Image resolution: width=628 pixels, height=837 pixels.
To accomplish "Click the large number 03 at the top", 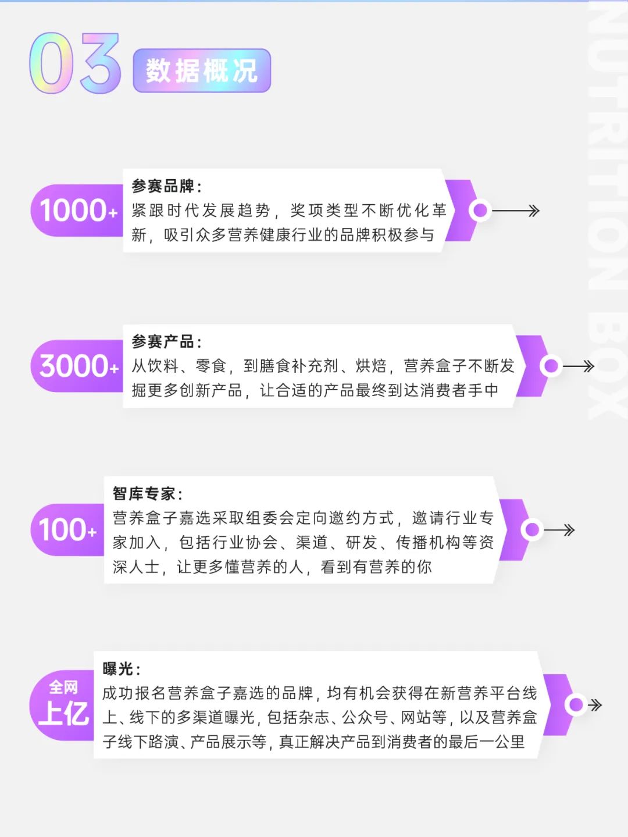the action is pyautogui.click(x=75, y=63).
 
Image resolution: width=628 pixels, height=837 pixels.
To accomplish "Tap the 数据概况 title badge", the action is pyautogui.click(x=202, y=70).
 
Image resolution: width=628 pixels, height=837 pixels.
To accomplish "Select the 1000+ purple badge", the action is pyautogui.click(x=77, y=210).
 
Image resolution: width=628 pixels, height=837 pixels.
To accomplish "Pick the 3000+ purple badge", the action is pyautogui.click(x=77, y=366).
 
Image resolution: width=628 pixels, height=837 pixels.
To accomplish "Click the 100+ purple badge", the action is pyautogui.click(x=67, y=529).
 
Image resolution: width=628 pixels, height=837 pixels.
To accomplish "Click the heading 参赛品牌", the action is pyautogui.click(x=166, y=187).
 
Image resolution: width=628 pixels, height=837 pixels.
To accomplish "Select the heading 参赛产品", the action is pyautogui.click(x=166, y=341).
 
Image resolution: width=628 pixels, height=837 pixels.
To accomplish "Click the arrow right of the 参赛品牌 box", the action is pyautogui.click(x=516, y=211).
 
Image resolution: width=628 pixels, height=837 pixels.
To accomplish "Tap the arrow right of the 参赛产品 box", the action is pyautogui.click(x=579, y=366).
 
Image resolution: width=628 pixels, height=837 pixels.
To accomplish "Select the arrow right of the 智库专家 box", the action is pyautogui.click(x=559, y=530).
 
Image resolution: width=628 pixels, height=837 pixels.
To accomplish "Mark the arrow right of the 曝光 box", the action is pyautogui.click(x=595, y=705).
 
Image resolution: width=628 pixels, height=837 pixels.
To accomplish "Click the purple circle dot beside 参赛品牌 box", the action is pyautogui.click(x=480, y=210).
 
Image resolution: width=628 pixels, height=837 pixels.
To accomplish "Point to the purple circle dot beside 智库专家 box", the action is pyautogui.click(x=532, y=529).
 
